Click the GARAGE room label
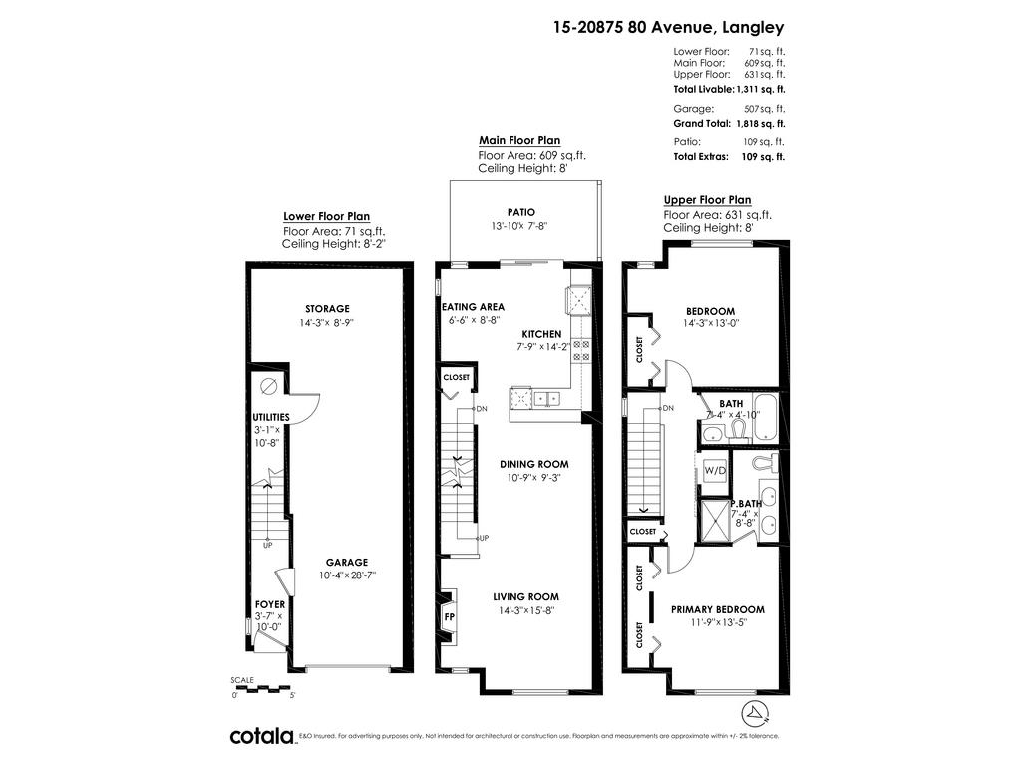pyautogui.click(x=347, y=562)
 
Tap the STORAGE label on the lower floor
pyautogui.click(x=327, y=309)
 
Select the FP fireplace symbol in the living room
pyautogui.click(x=450, y=616)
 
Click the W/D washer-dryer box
pyautogui.click(x=715, y=471)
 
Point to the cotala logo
pyautogui.click(x=262, y=736)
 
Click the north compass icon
pyautogui.click(x=756, y=714)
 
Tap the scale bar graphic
pyautogui.click(x=262, y=688)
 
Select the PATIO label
pyautogui.click(x=521, y=212)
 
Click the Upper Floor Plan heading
pyautogui.click(x=707, y=200)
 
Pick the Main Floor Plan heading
pyautogui.click(x=519, y=140)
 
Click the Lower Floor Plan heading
pyautogui.click(x=326, y=216)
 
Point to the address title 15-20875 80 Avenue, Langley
pyautogui.click(x=669, y=27)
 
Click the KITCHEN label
pyautogui.click(x=541, y=334)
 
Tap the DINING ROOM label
pyautogui.click(x=534, y=464)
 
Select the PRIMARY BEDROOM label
pyautogui.click(x=718, y=609)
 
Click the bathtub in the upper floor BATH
pyautogui.click(x=765, y=418)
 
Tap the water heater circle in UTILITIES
pyautogui.click(x=268, y=386)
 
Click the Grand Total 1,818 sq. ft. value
pyautogui.click(x=761, y=123)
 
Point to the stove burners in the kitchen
pyautogui.click(x=581, y=350)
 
